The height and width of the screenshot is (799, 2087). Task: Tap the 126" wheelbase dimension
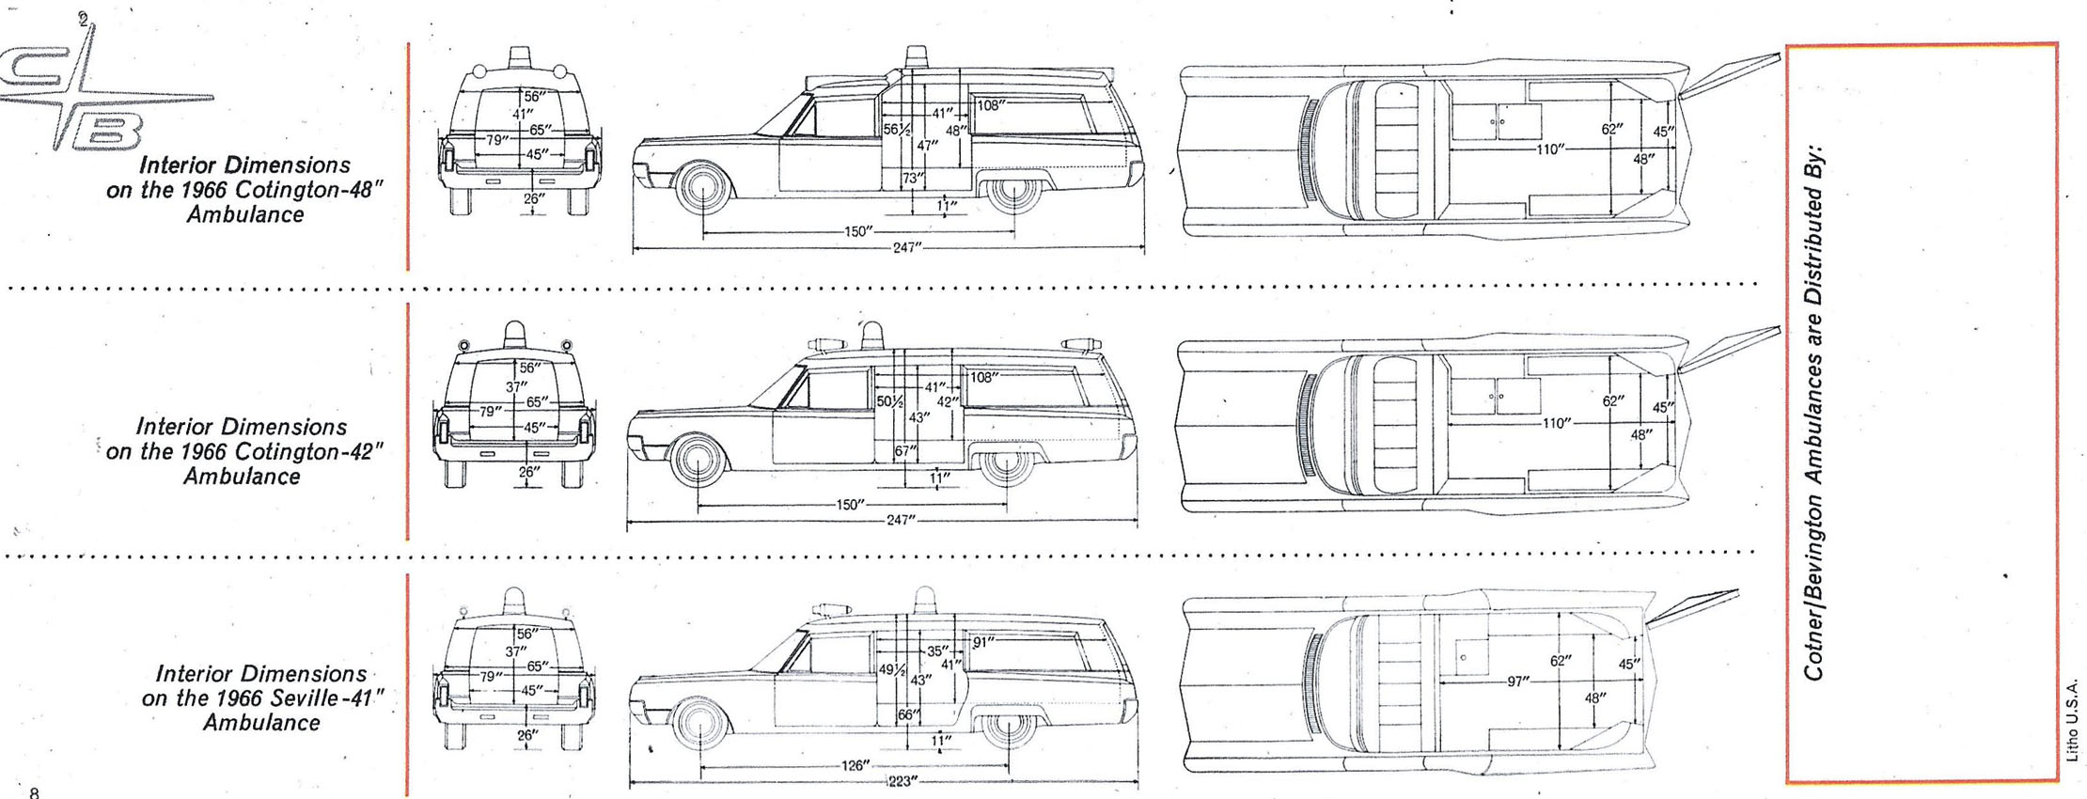pyautogui.click(x=855, y=765)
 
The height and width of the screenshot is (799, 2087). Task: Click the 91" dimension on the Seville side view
pyautogui.click(x=983, y=643)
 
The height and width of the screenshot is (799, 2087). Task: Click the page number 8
pyautogui.click(x=35, y=792)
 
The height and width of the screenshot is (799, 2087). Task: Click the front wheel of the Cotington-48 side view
pyautogui.click(x=702, y=187)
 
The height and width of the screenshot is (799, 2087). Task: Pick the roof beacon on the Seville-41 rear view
pyautogui.click(x=514, y=600)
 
